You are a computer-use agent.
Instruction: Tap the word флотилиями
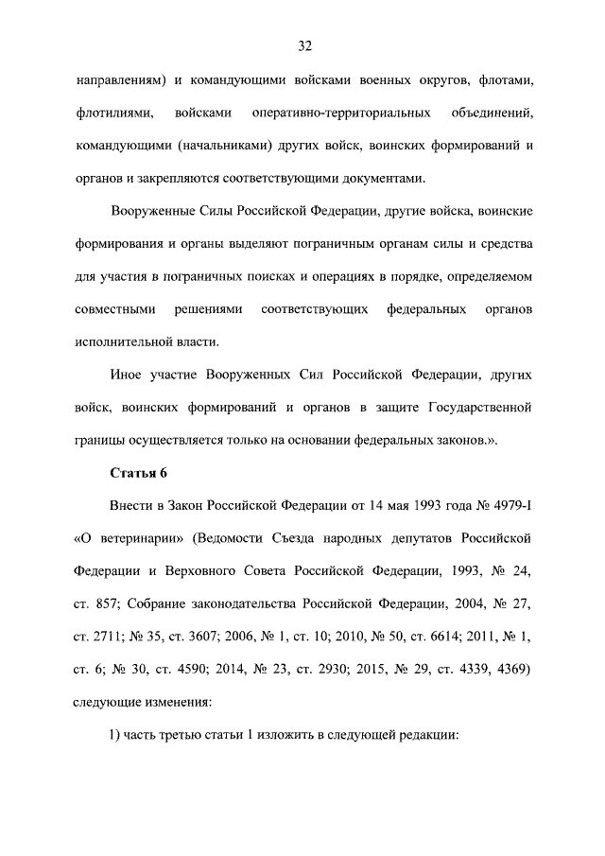114,114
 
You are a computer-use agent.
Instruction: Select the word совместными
114,309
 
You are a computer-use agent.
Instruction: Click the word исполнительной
121,341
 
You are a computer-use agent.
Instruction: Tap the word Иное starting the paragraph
127,375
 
